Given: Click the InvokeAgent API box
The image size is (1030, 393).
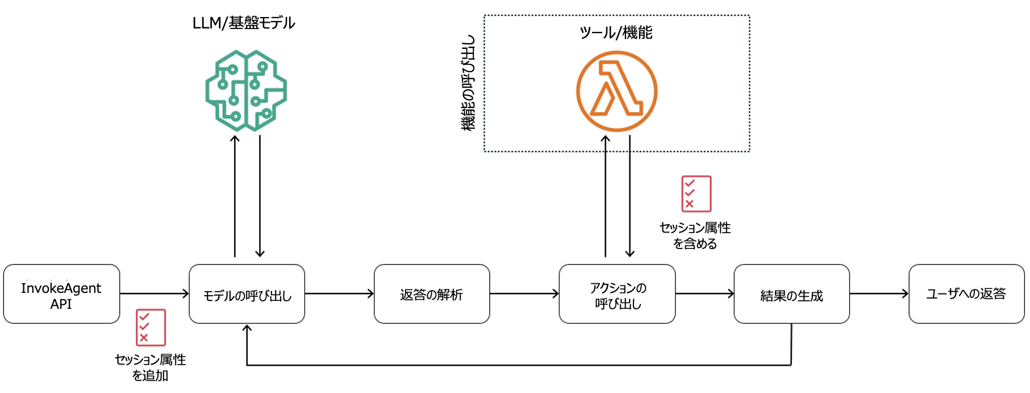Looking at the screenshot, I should pos(61,294).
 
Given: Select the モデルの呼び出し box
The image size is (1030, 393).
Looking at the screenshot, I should pos(247,294).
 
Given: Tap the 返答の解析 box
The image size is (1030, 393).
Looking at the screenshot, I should pos(432,294).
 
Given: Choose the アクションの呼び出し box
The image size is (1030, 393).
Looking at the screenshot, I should pos(617,294).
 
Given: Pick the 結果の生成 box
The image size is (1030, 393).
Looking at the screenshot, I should pos(791,294).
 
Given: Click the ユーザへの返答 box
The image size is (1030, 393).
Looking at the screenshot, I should pos(966,294).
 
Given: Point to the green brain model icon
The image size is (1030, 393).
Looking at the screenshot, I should pos(246,90).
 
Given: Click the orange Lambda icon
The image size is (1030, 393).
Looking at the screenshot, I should pos(617,91).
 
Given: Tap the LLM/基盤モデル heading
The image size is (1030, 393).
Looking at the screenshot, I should pos(244,23).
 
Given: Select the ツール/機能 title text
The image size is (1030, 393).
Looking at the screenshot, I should pos(616,32).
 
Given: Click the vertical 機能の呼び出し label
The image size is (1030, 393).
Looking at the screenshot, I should pos(468,83).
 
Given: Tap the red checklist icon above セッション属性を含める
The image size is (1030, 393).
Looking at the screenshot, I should pos(696,194).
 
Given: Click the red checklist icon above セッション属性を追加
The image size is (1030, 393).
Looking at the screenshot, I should pos(151,328).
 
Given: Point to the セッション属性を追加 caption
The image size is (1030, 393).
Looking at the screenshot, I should pos(151,367).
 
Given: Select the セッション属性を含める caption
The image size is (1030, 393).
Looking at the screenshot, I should pos(695,235).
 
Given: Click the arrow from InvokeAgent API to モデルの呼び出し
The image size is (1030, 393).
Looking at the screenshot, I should pos(154,293).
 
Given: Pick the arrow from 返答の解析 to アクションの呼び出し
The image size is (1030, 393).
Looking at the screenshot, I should pos(524,293).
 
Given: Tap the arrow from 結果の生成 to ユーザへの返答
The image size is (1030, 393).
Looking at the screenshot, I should pos(879,293).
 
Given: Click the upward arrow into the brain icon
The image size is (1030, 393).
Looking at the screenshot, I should pos(235,196).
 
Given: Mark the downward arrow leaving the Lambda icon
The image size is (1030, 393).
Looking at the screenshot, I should pos(629,196).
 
